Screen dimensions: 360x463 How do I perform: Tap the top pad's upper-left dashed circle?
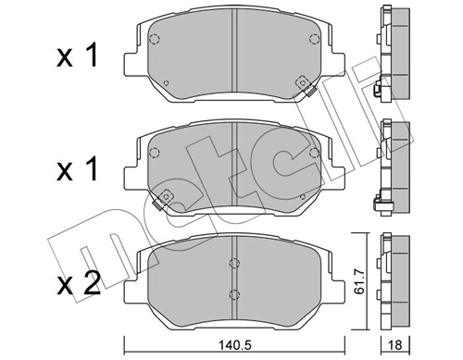pos(156,40)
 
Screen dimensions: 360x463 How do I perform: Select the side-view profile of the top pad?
pos(393,51)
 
